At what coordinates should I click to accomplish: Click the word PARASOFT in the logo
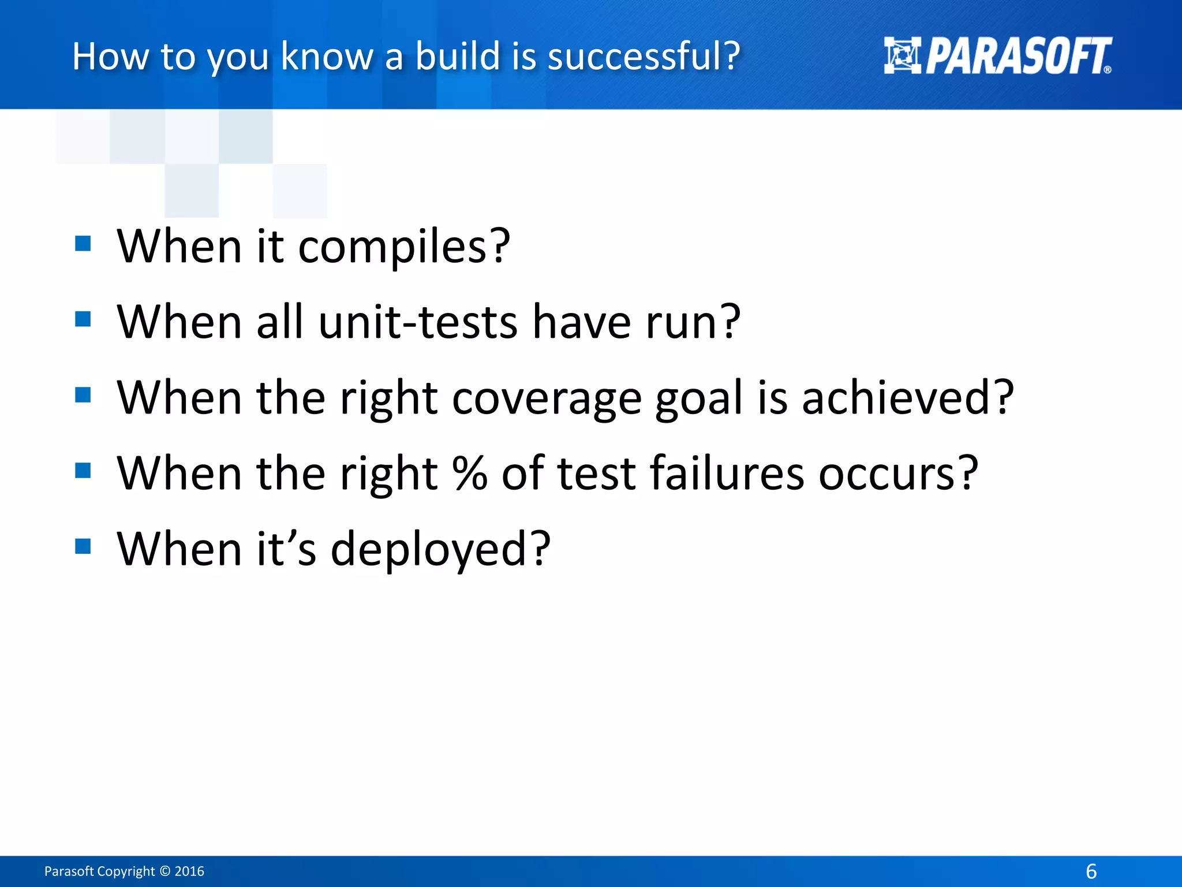pos(1018,56)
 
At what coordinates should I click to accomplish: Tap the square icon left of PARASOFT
pos(902,55)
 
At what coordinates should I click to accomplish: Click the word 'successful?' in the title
pos(644,57)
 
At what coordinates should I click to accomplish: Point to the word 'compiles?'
pos(404,247)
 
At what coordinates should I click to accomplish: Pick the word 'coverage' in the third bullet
pos(547,398)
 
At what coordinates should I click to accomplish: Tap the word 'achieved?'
pos(907,398)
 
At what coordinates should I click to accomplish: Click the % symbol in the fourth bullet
pos(470,473)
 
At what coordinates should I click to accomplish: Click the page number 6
pos(1091,871)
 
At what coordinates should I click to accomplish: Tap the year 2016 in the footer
pos(189,871)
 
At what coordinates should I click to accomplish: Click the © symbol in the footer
pos(165,871)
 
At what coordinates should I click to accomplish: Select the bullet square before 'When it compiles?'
pos(83,244)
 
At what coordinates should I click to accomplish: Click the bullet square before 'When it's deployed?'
pos(83,546)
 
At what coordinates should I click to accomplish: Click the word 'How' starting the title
pos(110,57)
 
